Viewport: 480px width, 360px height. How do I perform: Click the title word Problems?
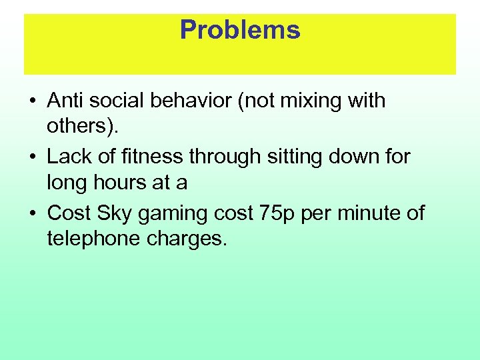point(240,30)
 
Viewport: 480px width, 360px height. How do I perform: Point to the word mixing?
point(315,101)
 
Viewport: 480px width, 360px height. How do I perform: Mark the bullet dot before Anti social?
point(32,101)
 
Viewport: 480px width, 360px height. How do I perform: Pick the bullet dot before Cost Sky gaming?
point(32,214)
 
